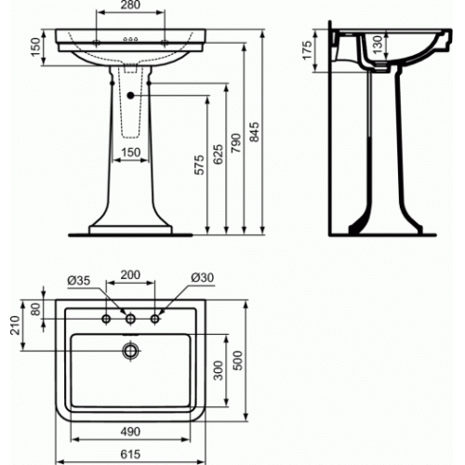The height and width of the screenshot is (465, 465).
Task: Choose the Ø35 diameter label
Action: tap(77, 278)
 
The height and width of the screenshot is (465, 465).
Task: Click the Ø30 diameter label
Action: tap(202, 278)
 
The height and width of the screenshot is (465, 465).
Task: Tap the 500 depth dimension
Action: tap(246, 361)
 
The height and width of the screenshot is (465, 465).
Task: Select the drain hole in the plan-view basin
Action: tap(131, 351)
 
